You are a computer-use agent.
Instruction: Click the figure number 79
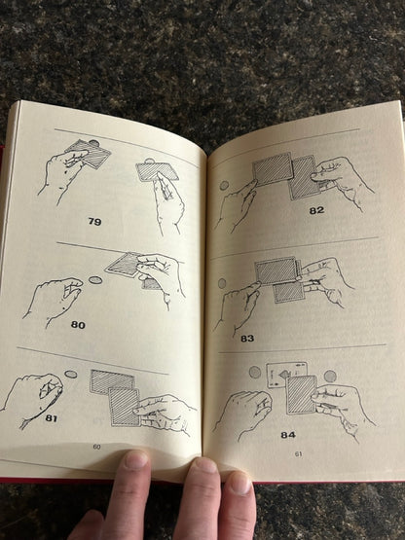point(94,221)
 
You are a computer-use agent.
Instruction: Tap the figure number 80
point(78,325)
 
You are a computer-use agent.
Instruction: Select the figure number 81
point(51,418)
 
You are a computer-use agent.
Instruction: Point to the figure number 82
point(316,210)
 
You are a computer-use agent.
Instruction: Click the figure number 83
point(247,339)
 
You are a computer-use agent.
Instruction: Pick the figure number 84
point(288,435)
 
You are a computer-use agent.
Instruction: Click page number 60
point(96,447)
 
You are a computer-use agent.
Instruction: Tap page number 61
point(299,454)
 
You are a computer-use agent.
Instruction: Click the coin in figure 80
point(94,279)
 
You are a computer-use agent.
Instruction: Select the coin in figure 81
point(71,374)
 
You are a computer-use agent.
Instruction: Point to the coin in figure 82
point(224,186)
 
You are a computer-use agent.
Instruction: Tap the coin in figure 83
point(222,283)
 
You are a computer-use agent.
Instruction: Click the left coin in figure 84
point(255,373)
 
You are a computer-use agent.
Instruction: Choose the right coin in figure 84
point(330,377)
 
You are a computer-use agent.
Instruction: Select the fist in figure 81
point(33,400)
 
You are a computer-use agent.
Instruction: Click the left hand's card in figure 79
point(89,154)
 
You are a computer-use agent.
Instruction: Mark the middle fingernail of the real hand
point(205,465)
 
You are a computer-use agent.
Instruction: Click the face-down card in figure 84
point(301,395)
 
